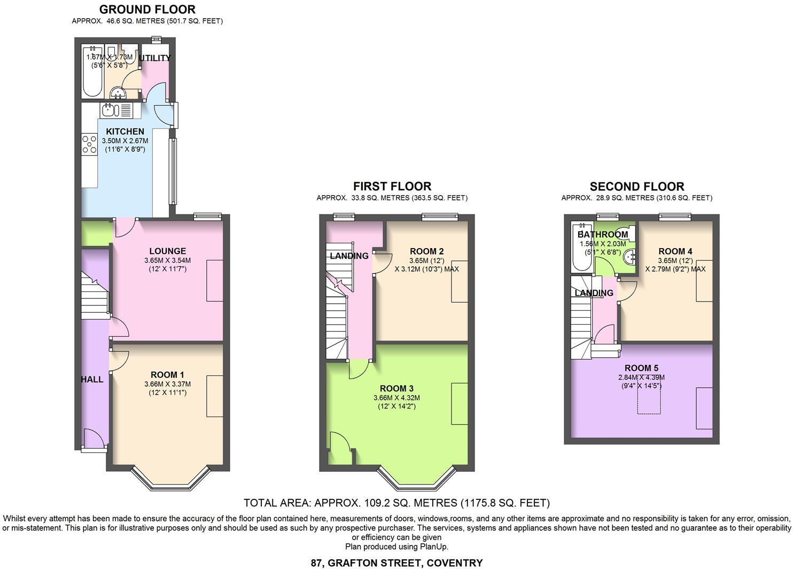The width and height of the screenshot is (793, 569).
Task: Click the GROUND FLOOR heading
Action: coord(147,9)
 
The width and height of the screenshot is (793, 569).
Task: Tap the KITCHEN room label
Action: coord(125,132)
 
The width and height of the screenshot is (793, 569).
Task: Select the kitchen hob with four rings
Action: coord(89,144)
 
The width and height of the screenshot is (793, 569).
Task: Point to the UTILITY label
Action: coord(155,58)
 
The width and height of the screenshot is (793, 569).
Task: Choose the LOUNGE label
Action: coord(167,251)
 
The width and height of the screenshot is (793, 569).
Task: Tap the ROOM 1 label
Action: coord(167,375)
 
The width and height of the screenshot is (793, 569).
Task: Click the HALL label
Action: coord(92,379)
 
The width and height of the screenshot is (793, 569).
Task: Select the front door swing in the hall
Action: coord(94,440)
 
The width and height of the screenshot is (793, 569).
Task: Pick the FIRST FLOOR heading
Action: coord(392,186)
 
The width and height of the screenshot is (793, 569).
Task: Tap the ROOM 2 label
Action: coord(426,251)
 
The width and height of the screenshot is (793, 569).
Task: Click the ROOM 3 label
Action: coord(396,388)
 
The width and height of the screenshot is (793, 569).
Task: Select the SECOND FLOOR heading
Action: coord(636,187)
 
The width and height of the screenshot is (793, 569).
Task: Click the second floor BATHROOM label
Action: coord(602,234)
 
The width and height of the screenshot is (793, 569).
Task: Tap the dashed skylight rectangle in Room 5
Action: coord(649,396)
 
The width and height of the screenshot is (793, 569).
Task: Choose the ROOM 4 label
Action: coord(675,251)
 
